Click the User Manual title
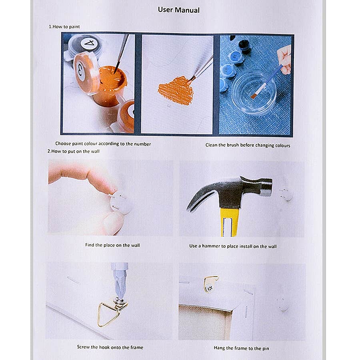coord(179,10)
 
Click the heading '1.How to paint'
coord(64,27)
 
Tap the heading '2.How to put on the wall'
coord(74,151)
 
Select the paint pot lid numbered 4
coord(89,43)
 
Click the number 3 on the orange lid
coord(80,70)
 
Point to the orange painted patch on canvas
coord(176,91)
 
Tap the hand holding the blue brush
coord(284,60)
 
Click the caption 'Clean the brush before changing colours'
coord(248,145)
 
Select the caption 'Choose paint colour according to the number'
coord(103,144)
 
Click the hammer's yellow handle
coord(229,222)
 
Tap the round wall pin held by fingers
coord(120,202)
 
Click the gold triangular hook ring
coord(108,314)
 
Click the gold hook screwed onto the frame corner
coord(210,284)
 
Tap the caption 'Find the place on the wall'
coord(112,245)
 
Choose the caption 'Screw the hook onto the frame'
coord(110,347)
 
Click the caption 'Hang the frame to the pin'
coord(241,348)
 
